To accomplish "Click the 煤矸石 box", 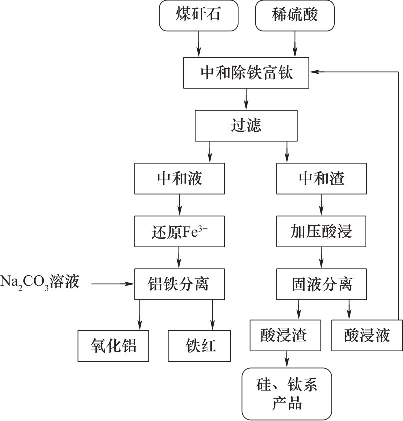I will coord(198,15).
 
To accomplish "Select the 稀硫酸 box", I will coord(294,15).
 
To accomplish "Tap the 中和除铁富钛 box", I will coord(246,73).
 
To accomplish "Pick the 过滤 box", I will coord(246,125).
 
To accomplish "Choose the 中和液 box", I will coord(180,178).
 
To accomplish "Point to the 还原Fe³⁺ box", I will coord(180,232).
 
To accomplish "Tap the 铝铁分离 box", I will coord(180,284).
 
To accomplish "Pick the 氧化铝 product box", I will coord(114,345).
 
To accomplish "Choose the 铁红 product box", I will coord(200,345).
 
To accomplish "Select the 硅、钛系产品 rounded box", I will coord(287,394).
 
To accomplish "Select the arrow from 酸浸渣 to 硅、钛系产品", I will coord(287,359).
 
